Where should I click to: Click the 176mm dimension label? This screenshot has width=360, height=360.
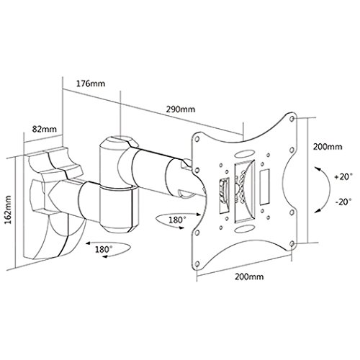[x=91, y=84]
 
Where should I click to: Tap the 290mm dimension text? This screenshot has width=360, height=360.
[x=181, y=109]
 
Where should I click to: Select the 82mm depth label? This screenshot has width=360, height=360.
[x=45, y=129]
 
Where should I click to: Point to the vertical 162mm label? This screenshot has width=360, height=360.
[x=9, y=210]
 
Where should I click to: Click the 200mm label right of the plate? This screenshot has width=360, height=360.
[x=328, y=146]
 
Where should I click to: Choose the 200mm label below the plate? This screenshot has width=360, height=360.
[x=249, y=276]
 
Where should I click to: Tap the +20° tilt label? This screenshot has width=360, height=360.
[x=343, y=177]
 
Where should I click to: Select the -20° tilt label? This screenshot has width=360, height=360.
[x=343, y=202]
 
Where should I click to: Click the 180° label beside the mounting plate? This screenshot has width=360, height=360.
[x=177, y=220]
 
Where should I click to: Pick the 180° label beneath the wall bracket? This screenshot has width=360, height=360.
[x=104, y=249]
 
